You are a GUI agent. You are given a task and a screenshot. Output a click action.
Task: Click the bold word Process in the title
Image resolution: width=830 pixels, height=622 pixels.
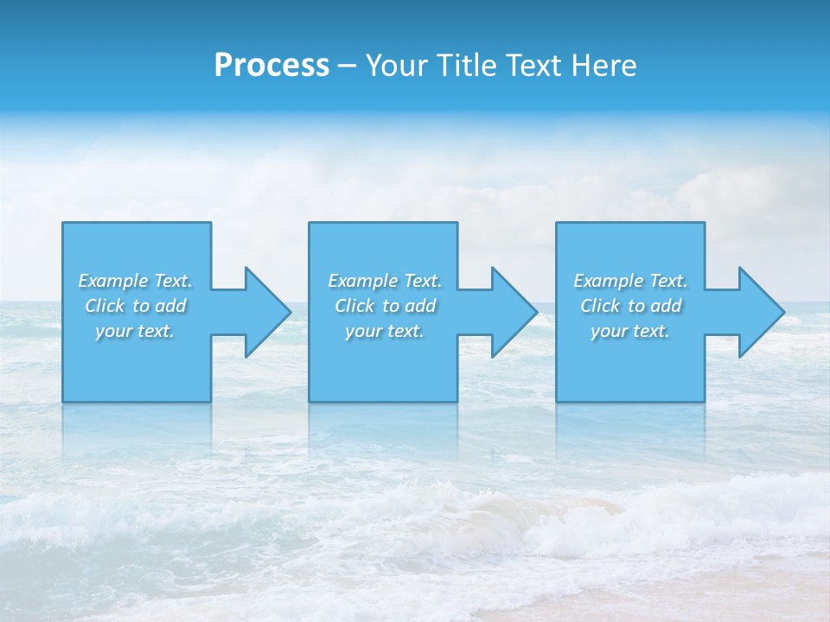tap(271, 66)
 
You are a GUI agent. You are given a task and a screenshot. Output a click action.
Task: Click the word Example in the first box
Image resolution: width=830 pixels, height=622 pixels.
tap(113, 281)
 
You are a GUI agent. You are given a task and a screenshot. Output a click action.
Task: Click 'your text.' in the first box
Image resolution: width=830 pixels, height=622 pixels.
tap(135, 331)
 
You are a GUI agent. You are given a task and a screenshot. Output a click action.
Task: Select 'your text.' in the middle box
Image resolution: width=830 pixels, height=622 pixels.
tap(385, 331)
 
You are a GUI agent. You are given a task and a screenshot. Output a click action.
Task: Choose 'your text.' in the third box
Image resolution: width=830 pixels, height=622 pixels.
tap(630, 331)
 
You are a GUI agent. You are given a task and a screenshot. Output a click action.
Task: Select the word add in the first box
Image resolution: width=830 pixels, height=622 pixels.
tap(170, 306)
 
